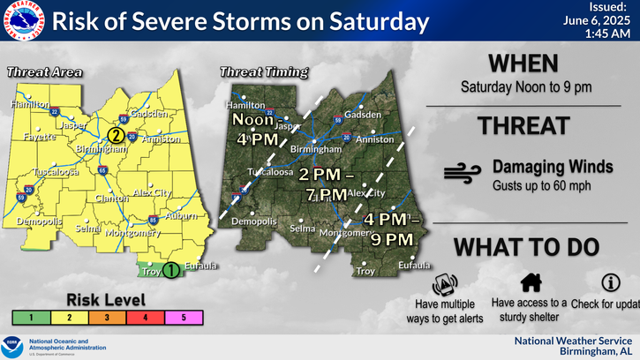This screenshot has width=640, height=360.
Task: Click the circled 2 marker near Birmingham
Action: (115, 135)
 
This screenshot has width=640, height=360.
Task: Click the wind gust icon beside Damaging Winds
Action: (462, 173)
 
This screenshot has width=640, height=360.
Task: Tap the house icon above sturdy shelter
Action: (530, 282)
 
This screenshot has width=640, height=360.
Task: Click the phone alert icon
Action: (445, 285)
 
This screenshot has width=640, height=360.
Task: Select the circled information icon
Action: (610, 282)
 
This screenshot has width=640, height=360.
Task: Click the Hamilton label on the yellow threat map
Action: (27, 104)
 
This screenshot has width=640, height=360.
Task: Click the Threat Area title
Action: (45, 72)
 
